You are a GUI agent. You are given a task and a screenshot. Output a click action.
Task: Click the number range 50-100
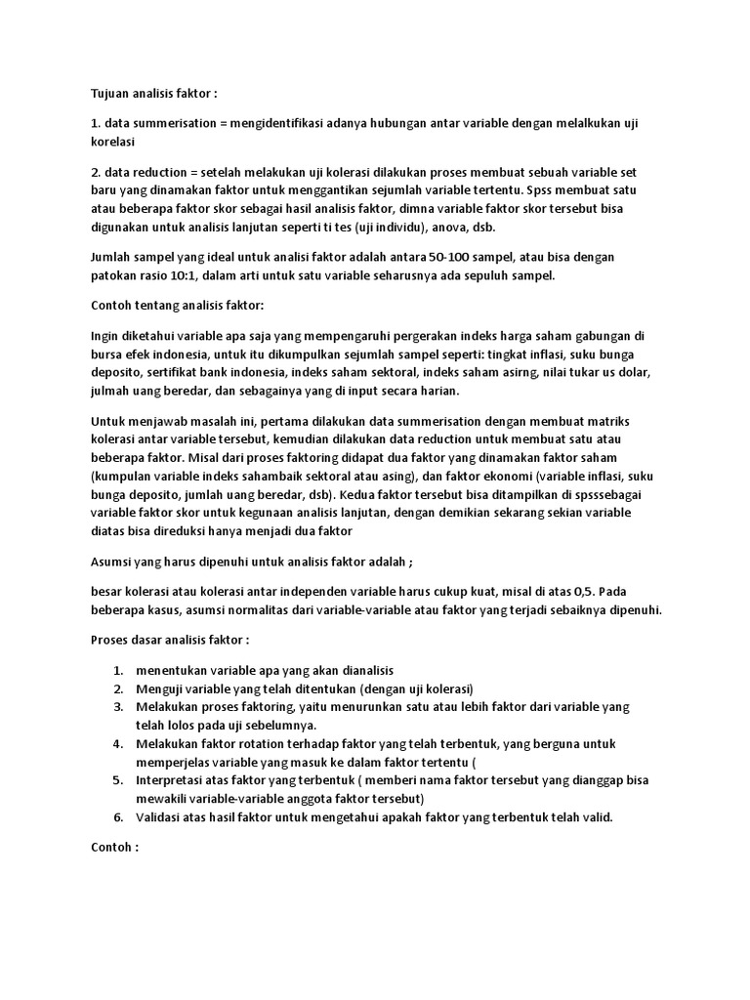pyautogui.click(x=464, y=257)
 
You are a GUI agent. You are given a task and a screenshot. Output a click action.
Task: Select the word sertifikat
pyautogui.click(x=178, y=373)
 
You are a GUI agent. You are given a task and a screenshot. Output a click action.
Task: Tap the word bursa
pyautogui.click(x=106, y=354)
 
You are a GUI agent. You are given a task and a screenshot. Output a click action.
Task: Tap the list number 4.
pyautogui.click(x=117, y=744)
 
